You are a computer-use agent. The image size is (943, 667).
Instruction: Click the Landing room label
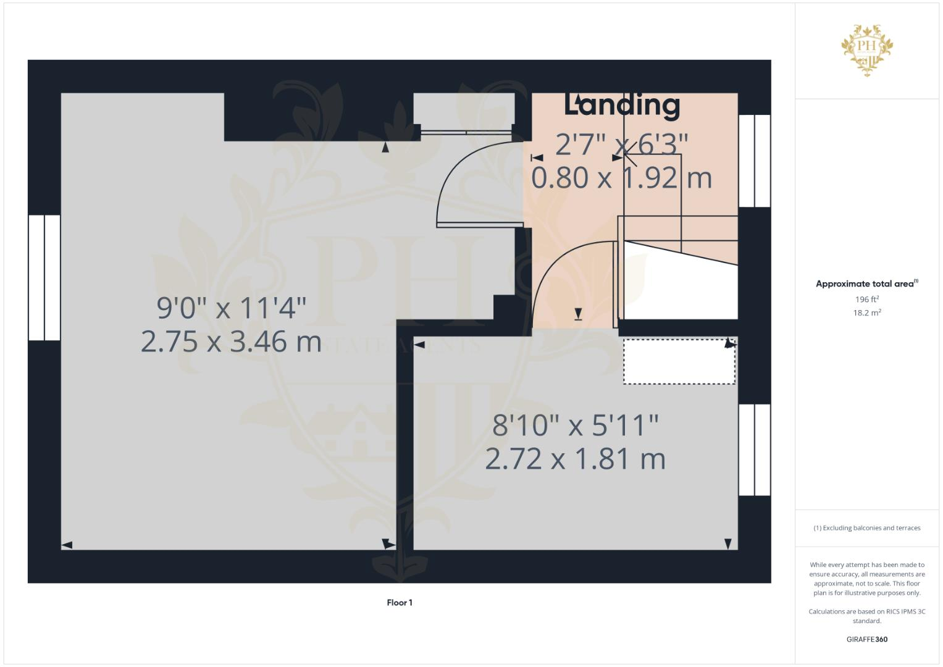pyautogui.click(x=622, y=105)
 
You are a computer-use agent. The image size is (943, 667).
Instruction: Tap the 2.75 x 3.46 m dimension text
pyautogui.click(x=231, y=342)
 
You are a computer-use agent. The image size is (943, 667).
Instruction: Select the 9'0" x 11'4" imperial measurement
pyautogui.click(x=232, y=308)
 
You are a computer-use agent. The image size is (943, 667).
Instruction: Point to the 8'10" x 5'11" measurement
pyautogui.click(x=575, y=426)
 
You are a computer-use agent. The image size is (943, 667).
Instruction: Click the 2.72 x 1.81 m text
pyautogui.click(x=575, y=459)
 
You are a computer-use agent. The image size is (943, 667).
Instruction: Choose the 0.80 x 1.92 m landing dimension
pyautogui.click(x=621, y=178)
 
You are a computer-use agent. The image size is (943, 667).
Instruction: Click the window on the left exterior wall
pyautogui.click(x=44, y=277)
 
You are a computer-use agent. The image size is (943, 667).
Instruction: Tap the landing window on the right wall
pyautogui.click(x=754, y=161)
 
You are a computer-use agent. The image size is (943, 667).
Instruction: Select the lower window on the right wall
pyautogui.click(x=754, y=450)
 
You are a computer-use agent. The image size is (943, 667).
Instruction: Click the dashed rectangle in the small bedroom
pyautogui.click(x=679, y=361)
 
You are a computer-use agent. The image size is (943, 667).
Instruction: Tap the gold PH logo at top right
pyautogui.click(x=866, y=49)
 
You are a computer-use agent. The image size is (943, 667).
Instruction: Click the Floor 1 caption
pyautogui.click(x=400, y=603)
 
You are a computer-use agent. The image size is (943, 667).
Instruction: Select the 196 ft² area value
pyautogui.click(x=866, y=300)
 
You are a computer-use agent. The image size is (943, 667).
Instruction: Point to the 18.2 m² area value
pyautogui.click(x=866, y=313)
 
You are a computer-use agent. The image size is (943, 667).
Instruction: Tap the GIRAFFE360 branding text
pyautogui.click(x=866, y=639)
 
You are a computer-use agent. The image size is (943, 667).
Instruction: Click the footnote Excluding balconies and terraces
pyautogui.click(x=866, y=528)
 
